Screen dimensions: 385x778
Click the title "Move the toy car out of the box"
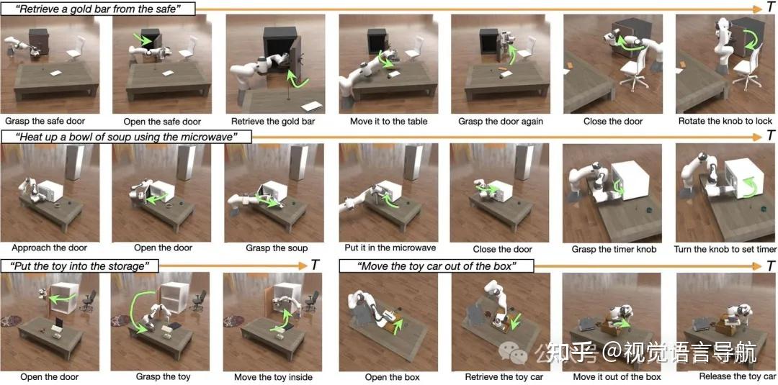(437, 266)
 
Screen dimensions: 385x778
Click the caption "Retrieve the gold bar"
(273, 121)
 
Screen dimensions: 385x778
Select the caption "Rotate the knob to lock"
(725, 121)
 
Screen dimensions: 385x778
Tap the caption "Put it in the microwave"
(390, 248)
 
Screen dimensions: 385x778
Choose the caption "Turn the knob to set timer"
(725, 249)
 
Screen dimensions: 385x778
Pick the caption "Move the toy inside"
(273, 376)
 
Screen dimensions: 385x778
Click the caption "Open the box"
(392, 376)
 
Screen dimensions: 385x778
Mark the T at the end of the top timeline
(769, 8)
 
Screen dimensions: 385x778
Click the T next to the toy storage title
(315, 265)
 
